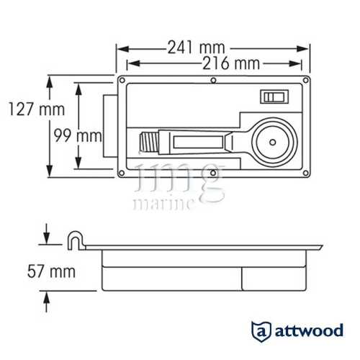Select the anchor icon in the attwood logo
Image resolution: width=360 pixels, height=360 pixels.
[x=261, y=332]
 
